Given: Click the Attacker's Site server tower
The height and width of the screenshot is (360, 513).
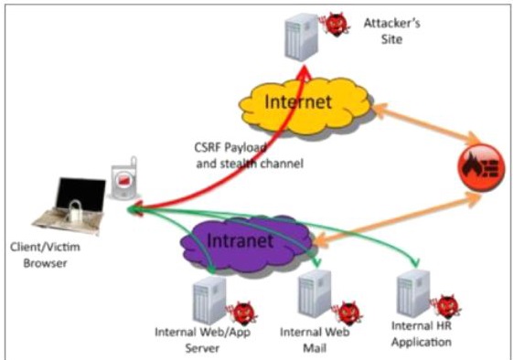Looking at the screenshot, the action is point(301,37).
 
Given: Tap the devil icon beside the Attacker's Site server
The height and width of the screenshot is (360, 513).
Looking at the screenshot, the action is point(336,25).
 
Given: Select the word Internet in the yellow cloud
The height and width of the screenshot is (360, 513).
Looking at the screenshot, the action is point(298,101).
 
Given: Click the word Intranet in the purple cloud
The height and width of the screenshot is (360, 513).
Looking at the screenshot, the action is point(240,240).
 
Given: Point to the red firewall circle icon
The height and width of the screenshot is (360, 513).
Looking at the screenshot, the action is point(481,168).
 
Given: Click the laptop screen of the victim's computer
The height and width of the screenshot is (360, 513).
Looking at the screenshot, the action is point(80,194).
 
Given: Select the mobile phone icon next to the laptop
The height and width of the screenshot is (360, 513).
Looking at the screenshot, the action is point(124,178).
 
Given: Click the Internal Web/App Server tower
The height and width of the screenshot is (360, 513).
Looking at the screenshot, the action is point(209,301).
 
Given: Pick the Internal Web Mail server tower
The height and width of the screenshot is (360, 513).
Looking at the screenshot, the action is point(315,294).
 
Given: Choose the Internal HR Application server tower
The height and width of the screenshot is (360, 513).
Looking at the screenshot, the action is point(413,293).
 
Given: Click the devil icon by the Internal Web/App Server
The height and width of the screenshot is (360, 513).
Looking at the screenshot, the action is point(243,313).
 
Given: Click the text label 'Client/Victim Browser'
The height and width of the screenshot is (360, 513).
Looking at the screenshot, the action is point(45,255).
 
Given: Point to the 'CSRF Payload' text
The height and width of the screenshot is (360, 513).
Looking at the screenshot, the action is point(230,148).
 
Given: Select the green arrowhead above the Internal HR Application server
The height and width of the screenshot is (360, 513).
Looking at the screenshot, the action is point(416,262).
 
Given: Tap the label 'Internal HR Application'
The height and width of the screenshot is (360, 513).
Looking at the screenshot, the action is point(422,334).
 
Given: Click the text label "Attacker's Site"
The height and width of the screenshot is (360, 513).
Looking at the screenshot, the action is point(392,31).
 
